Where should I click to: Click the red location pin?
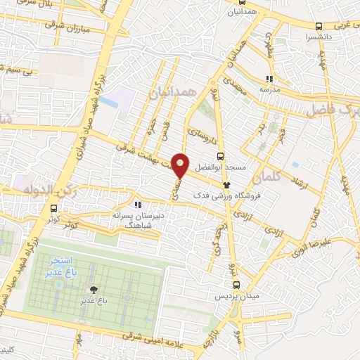tap(181, 165)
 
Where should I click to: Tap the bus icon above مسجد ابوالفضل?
tap(221, 157)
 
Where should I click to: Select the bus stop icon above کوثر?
tap(54, 207)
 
